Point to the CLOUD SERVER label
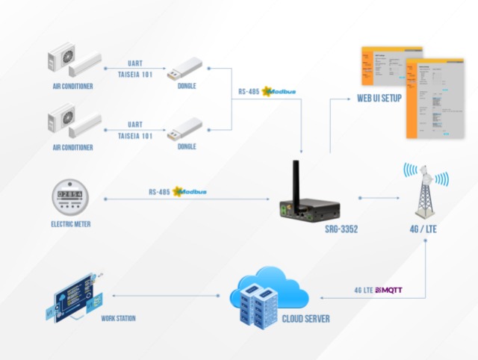[305, 319]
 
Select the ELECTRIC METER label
[71, 223]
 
